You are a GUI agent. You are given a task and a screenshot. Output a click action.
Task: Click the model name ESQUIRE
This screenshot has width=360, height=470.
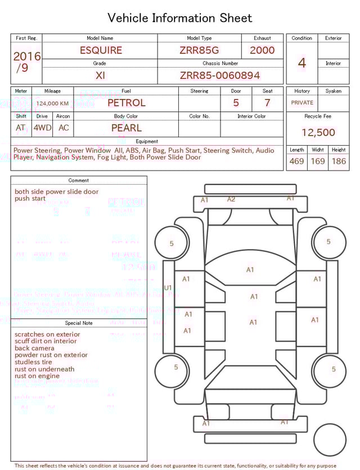pyautogui.click(x=101, y=50)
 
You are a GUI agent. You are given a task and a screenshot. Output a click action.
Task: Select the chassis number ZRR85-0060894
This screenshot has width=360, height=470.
pyautogui.click(x=220, y=75)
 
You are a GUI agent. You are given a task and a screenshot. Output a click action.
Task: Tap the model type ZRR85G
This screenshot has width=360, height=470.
pyautogui.click(x=199, y=50)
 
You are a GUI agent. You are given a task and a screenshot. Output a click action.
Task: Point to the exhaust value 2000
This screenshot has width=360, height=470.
pyautogui.click(x=262, y=50)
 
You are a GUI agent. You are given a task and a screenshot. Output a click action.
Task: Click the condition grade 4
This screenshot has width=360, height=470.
pyautogui.click(x=302, y=63)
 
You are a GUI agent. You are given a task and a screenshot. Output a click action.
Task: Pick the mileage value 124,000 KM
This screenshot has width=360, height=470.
pyautogui.click(x=52, y=104)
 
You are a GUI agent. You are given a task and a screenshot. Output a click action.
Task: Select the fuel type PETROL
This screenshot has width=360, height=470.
pyautogui.click(x=126, y=103)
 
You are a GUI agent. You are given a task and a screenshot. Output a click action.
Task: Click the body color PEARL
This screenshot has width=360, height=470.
pyautogui.click(x=127, y=128)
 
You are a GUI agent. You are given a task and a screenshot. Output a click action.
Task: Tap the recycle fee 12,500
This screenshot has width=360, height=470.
pyautogui.click(x=318, y=133)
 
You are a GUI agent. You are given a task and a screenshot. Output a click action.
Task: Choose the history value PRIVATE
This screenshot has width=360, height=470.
pyautogui.click(x=302, y=103)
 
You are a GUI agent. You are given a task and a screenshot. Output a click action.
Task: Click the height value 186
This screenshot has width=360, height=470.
pyautogui.click(x=339, y=162)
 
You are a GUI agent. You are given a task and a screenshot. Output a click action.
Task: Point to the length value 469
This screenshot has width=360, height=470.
pyautogui.click(x=296, y=162)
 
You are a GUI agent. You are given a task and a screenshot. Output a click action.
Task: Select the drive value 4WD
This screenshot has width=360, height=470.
pyautogui.click(x=42, y=128)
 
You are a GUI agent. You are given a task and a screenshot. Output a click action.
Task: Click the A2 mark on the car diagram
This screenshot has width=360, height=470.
pyautogui.click(x=231, y=199)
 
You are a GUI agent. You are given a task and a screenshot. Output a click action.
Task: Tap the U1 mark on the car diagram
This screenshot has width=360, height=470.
pyautogui.click(x=168, y=288)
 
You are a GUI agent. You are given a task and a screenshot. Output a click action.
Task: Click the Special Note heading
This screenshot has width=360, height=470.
pyautogui.click(x=79, y=323)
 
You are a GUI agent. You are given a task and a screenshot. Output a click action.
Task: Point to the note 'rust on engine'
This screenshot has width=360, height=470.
pyautogui.click(x=37, y=376)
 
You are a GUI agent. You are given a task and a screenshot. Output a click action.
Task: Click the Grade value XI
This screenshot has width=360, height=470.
pyautogui.click(x=100, y=75)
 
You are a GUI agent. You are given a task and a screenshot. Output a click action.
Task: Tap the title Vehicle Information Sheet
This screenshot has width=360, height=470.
pyautogui.click(x=180, y=18)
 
